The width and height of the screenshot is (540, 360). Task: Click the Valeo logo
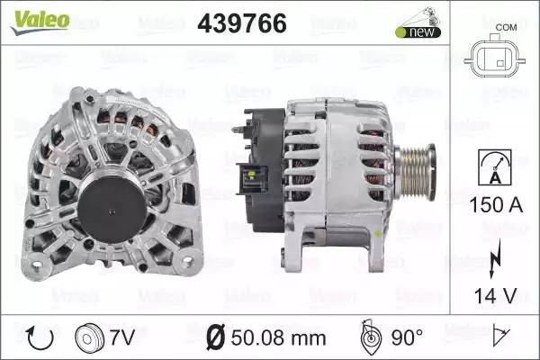(40, 22)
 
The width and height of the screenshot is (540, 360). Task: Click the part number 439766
(242, 23)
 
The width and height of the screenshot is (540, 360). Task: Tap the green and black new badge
(418, 32)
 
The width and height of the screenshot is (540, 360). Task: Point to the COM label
(506, 27)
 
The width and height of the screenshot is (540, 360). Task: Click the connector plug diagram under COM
(494, 58)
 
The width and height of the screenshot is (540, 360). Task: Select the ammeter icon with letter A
(495, 167)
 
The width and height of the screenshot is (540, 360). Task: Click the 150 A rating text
(496, 204)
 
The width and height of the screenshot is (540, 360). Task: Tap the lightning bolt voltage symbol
(494, 258)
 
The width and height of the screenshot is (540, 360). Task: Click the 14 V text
(496, 295)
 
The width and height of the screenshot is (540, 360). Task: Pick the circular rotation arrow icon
(40, 337)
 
